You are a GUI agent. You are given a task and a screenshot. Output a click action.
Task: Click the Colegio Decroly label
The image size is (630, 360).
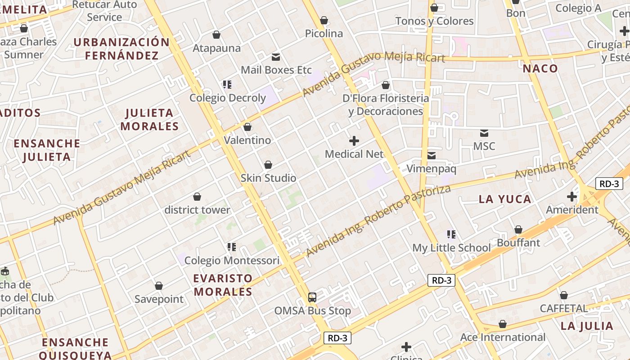tap(227, 98)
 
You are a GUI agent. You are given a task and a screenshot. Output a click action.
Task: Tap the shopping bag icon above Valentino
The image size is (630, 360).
tap(247, 127)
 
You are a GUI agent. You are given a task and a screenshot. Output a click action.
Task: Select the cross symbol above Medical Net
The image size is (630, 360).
tap(354, 141)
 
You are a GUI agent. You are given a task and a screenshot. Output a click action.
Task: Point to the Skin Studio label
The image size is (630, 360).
tap(268, 178)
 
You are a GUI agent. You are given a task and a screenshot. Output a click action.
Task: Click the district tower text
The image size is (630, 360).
tap(197, 210)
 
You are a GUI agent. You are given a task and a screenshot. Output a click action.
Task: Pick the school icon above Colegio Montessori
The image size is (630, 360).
tap(232, 247)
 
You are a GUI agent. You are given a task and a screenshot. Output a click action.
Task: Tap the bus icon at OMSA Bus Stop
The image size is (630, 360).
tap(312, 297)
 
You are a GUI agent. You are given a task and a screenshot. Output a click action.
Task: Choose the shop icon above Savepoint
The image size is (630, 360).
tap(158, 286)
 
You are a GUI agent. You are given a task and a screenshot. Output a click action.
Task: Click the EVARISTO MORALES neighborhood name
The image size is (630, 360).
tap(223, 285)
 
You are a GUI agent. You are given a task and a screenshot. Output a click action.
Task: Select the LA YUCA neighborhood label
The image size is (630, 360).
tap(504, 199)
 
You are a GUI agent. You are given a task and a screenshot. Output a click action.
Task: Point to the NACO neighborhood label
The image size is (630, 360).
tap(540, 69)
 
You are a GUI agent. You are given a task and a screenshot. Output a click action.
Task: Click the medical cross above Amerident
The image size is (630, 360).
tap(572, 197)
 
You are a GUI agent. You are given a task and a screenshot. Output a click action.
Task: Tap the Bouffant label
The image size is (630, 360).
tap(518, 243)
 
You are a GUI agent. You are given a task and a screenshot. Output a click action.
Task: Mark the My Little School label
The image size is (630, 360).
tap(451, 248)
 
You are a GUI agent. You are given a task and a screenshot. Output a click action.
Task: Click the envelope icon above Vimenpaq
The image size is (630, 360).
tap(432, 156)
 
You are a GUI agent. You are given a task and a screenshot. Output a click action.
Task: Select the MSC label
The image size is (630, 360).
tap(484, 146)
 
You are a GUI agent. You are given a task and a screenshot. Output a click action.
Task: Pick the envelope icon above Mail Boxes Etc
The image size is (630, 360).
tap(275, 57)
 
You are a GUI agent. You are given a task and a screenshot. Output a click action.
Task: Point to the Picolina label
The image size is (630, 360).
tap(324, 34)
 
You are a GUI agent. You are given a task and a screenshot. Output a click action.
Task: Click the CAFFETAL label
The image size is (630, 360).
tap(564, 309)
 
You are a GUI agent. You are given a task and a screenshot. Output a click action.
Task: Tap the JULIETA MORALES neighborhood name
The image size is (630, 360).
tap(149, 120)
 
